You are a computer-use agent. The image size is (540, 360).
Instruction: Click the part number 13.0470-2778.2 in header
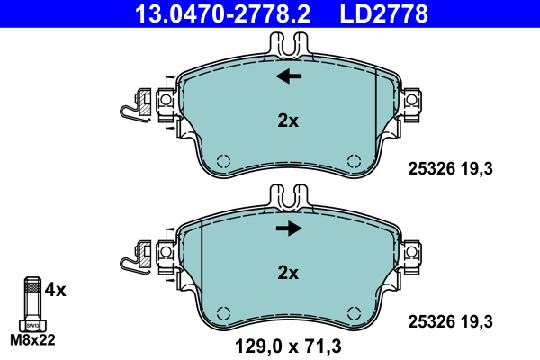tap(223, 13)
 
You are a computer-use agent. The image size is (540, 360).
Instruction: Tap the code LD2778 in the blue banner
tap(384, 13)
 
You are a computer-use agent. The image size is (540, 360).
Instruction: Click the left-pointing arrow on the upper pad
tap(289, 76)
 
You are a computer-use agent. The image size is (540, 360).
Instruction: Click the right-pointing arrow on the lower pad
tap(289, 228)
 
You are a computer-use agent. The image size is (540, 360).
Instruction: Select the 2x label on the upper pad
tap(288, 121)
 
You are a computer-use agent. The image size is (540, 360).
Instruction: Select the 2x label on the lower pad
tap(288, 273)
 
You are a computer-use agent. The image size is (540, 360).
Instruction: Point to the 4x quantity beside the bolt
tap(55, 290)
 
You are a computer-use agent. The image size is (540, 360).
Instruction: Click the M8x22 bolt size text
tap(32, 340)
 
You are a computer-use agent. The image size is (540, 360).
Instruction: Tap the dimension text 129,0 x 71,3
tap(288, 346)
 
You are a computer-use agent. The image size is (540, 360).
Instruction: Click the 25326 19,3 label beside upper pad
tap(451, 169)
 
